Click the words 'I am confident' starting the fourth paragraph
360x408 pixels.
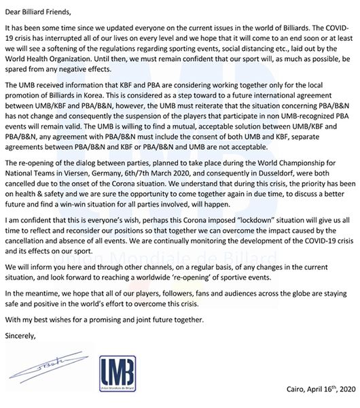pyautogui.click(x=26, y=222)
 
